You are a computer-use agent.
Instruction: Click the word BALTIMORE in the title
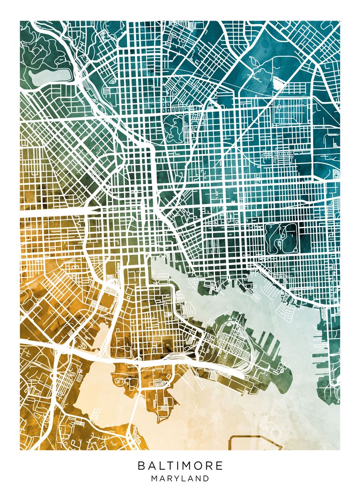coord(180,466)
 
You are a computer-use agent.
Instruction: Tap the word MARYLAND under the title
coord(180,478)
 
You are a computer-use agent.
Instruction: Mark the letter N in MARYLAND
coord(198,478)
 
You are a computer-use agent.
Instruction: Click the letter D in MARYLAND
coord(206,478)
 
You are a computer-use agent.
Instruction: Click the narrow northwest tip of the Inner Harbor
coord(155,262)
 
